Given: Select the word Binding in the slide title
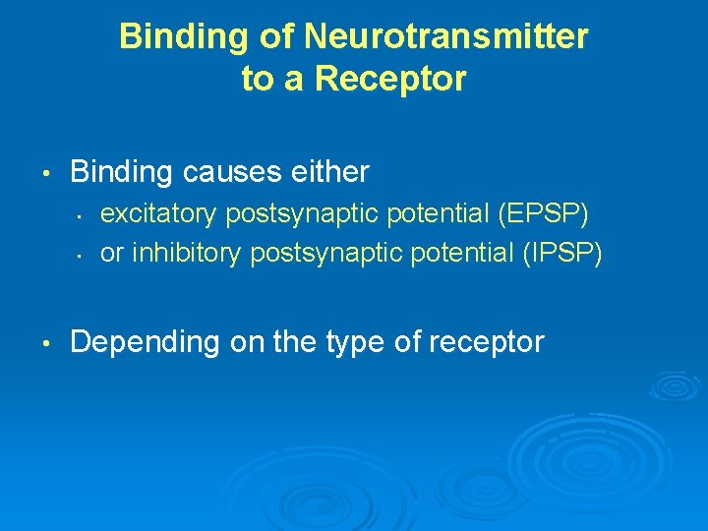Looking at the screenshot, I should pyautogui.click(x=173, y=37).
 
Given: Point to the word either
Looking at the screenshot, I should pyautogui.click(x=328, y=173).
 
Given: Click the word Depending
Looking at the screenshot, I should pyautogui.click(x=145, y=342).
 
